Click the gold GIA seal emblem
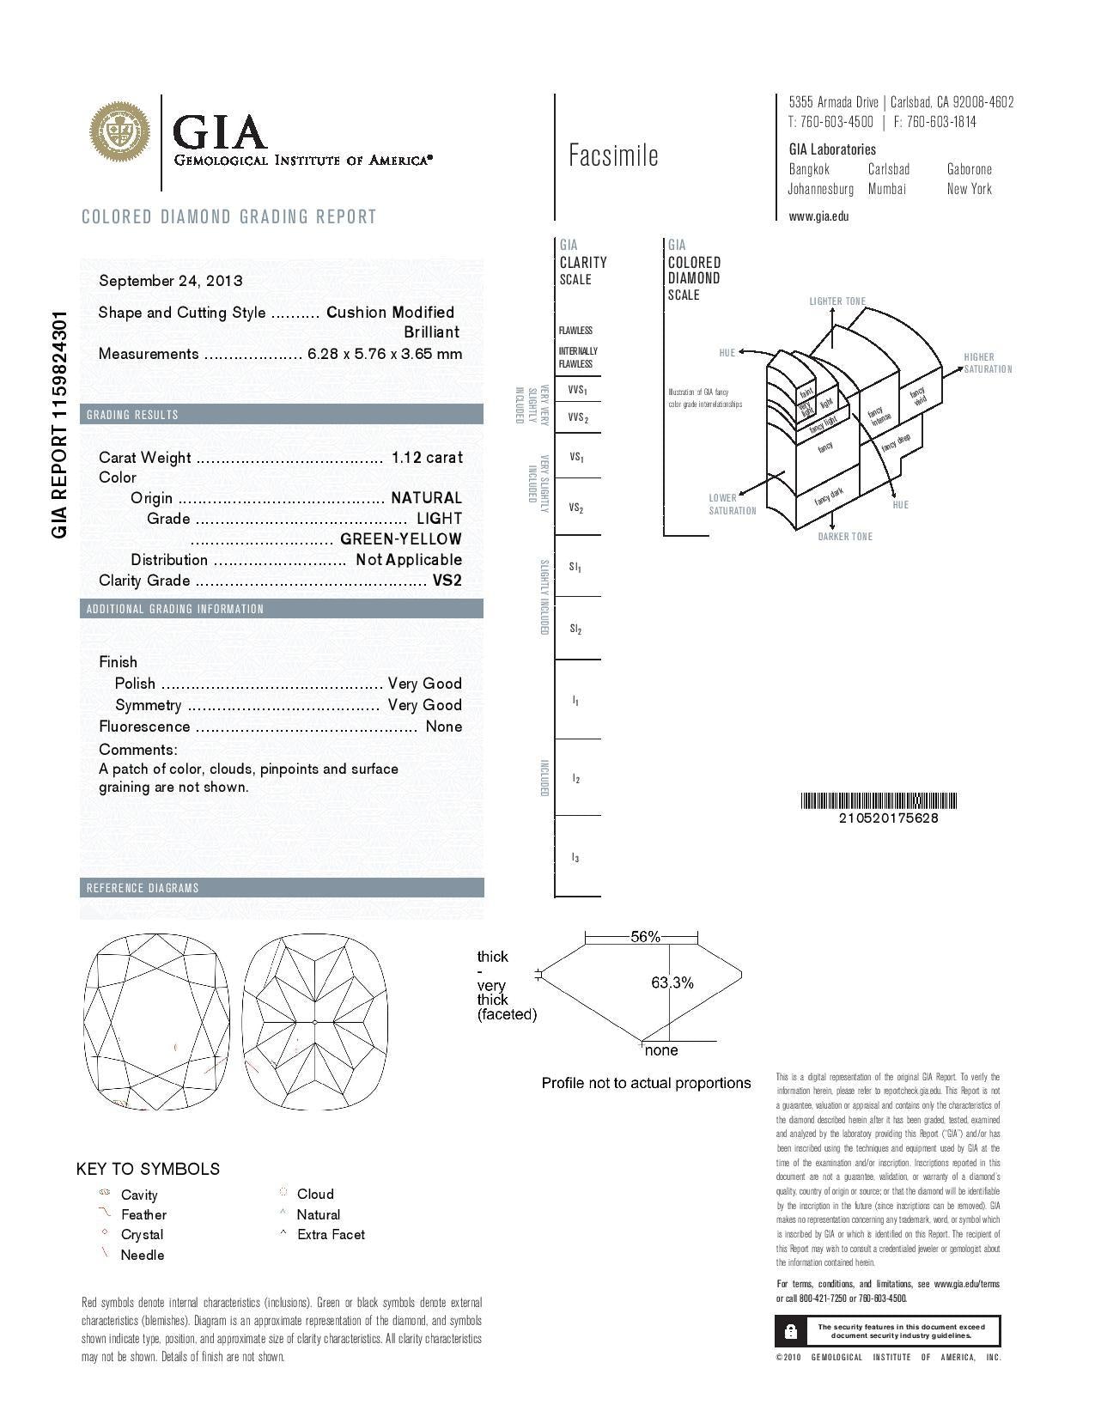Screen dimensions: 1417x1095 tap(120, 131)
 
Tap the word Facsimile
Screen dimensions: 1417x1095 tap(613, 155)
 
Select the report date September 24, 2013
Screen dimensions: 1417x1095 tap(170, 281)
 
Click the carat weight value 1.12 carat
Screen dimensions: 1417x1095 tap(426, 458)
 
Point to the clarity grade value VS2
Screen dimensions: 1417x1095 tap(447, 581)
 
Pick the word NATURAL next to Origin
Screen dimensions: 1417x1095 tap(426, 498)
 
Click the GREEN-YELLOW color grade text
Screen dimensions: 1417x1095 tap(401, 539)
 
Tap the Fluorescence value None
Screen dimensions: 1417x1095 tap(444, 727)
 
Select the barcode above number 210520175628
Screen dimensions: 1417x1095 tap(879, 801)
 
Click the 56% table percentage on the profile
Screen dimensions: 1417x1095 tap(645, 937)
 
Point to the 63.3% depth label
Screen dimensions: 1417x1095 tap(672, 982)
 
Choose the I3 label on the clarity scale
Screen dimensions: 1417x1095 tap(575, 857)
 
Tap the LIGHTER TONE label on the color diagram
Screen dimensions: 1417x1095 tap(837, 301)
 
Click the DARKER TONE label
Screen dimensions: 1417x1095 tap(845, 537)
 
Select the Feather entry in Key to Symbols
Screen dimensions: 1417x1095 tap(143, 1214)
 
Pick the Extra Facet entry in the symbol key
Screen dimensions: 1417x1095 tap(331, 1234)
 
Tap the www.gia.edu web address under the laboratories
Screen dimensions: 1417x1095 tap(818, 216)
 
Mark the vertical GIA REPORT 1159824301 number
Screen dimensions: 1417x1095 tap(59, 425)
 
